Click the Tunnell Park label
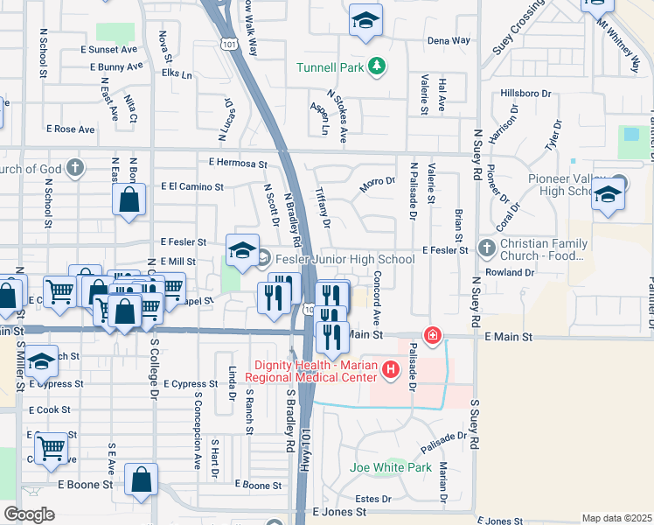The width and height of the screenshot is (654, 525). pyautogui.click(x=330, y=67)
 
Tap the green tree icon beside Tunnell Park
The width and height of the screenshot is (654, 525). pyautogui.click(x=377, y=66)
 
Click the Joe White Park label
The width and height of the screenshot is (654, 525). pyautogui.click(x=391, y=468)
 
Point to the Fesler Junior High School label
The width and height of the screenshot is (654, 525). pyautogui.click(x=344, y=259)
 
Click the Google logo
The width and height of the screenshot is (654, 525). pyautogui.click(x=29, y=514)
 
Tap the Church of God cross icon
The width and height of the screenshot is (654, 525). pyautogui.click(x=75, y=167)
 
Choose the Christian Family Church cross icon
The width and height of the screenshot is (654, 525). pyautogui.click(x=487, y=250)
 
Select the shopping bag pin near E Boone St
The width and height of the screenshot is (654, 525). pyautogui.click(x=141, y=479)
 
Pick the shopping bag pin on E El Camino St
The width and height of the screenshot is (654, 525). pyautogui.click(x=129, y=199)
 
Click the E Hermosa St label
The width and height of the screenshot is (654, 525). pyautogui.click(x=238, y=163)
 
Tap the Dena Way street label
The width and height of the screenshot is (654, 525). pyautogui.click(x=449, y=40)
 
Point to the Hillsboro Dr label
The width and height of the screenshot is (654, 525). pyautogui.click(x=526, y=93)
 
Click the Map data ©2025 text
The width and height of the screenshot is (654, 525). pyautogui.click(x=616, y=518)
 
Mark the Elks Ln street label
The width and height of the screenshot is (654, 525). pyautogui.click(x=177, y=74)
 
